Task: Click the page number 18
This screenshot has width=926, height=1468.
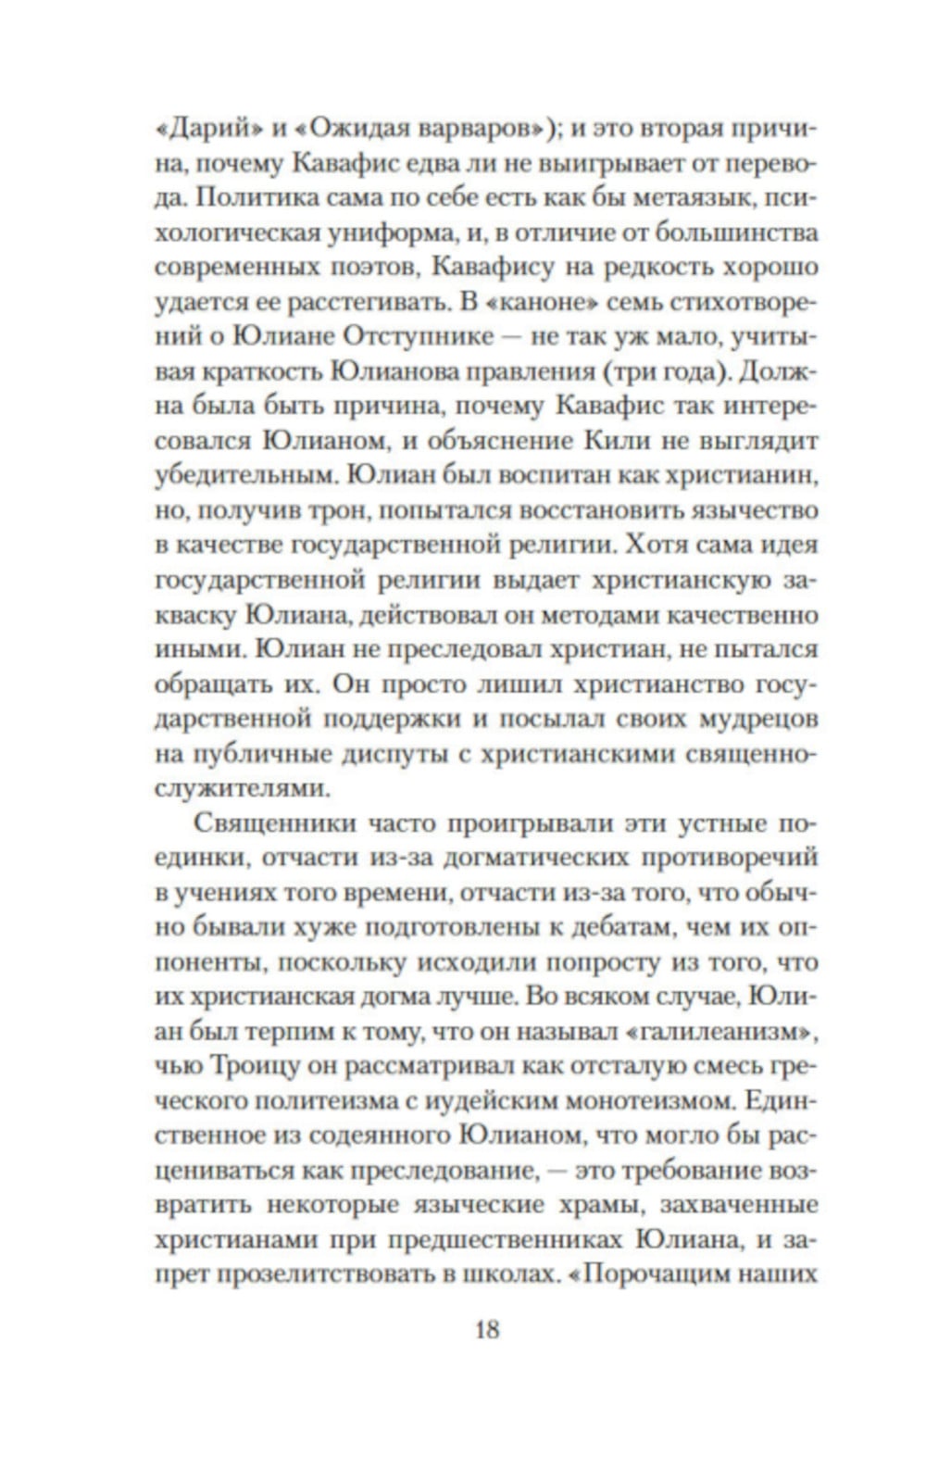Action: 487,1330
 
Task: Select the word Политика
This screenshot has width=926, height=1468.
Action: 260,199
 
